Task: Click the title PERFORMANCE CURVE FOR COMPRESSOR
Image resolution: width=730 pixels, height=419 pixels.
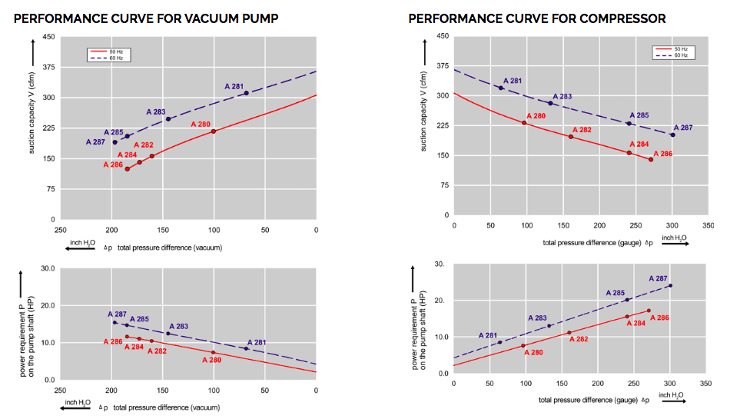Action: coord(537,18)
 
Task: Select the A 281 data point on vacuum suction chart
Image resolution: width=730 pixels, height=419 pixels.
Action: coord(246,93)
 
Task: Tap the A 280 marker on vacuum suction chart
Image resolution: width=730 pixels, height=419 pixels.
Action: coord(214,131)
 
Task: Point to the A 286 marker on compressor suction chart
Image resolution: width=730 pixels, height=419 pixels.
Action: coord(651,159)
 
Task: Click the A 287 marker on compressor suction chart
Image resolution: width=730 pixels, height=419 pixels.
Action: coord(672,135)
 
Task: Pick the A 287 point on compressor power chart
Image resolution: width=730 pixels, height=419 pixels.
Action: coord(670,286)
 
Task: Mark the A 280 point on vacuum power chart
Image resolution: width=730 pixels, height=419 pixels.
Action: coord(214,353)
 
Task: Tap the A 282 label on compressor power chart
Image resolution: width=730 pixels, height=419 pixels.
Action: coord(579,339)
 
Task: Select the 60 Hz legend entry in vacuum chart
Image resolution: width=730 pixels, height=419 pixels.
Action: coord(108,58)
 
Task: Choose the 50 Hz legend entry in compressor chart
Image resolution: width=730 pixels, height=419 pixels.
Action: coord(675,50)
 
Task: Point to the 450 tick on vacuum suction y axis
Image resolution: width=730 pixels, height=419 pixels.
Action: coord(48,37)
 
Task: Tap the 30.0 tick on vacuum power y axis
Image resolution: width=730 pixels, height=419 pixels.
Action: coord(48,269)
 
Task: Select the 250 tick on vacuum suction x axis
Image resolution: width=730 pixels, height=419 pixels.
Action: coord(60,229)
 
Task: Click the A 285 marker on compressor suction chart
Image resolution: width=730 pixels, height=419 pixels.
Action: coord(629,124)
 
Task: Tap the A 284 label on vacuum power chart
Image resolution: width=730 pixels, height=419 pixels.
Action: coord(134,347)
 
